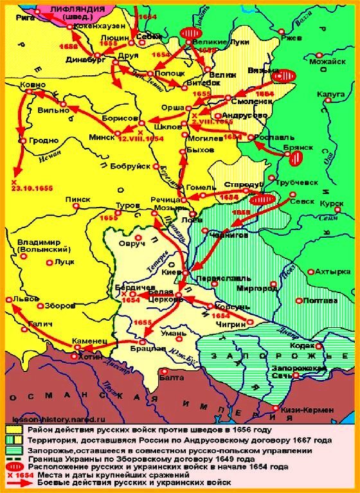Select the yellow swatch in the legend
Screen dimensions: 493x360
pyautogui.click(x=13, y=430)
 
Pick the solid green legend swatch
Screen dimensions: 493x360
pyautogui.click(x=13, y=440)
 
